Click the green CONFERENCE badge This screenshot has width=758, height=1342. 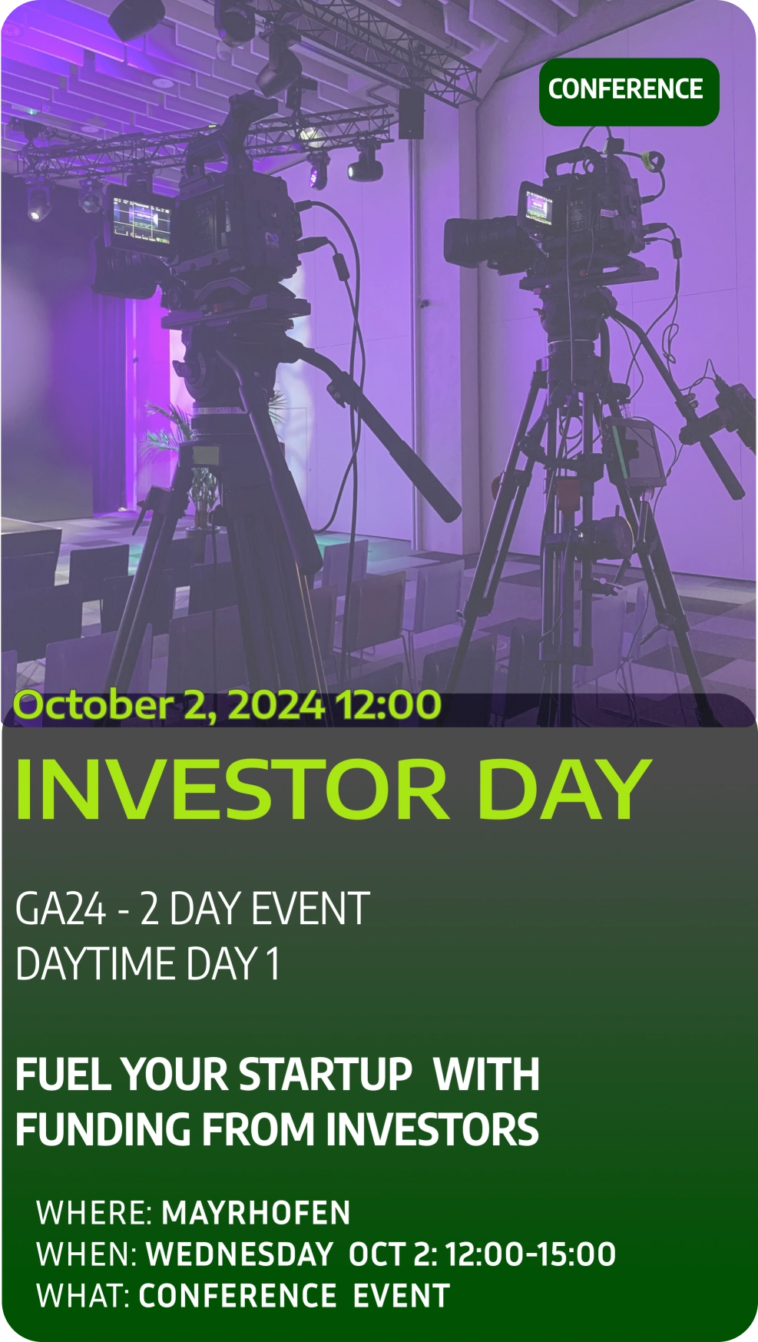click(629, 91)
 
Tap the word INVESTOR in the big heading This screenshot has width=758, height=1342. click(232, 790)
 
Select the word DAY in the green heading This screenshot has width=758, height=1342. click(564, 790)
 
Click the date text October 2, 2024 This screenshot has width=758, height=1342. click(169, 705)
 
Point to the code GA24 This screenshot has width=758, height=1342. click(61, 909)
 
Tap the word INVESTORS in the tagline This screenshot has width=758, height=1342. click(432, 1129)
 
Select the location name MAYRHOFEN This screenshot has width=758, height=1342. click(257, 1213)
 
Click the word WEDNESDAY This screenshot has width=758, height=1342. click(240, 1254)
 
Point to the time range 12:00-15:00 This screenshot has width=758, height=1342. click(531, 1254)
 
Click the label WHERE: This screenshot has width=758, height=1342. click(95, 1213)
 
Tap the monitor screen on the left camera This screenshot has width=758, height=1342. click(138, 220)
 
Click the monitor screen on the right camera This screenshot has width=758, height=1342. click(538, 206)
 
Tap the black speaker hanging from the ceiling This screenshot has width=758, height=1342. click(411, 114)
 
